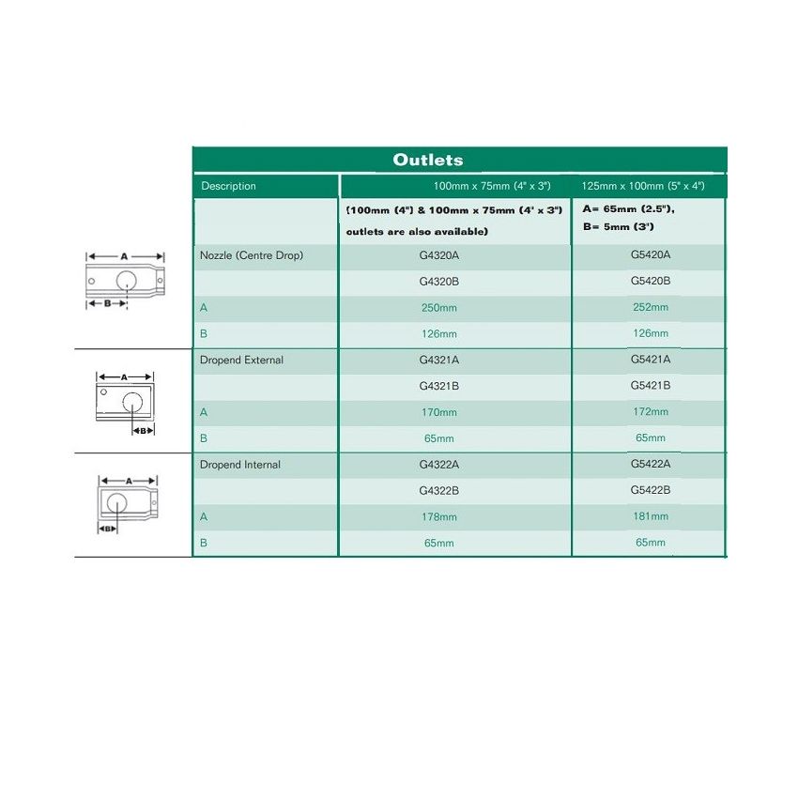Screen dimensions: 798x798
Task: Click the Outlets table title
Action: [427, 160]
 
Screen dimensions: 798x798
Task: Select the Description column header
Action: [228, 186]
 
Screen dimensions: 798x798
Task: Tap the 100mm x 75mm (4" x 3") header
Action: [498, 186]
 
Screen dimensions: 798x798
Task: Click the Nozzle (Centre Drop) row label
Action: [252, 255]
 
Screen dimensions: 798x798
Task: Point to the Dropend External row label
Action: [241, 360]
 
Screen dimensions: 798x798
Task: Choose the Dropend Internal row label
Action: [240, 465]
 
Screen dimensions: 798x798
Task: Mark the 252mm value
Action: [651, 307]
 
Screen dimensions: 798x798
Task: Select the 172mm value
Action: [651, 412]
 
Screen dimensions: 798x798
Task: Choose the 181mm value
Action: [651, 516]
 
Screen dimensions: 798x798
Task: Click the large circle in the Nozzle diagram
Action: [127, 279]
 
